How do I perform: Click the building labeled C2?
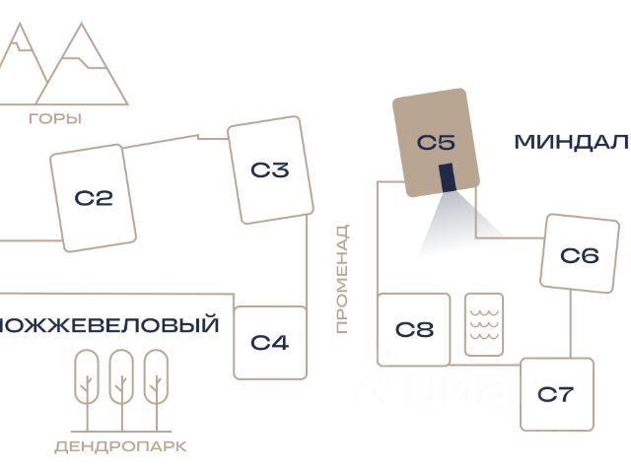coord(94,198)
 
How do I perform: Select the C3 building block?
coord(269,169)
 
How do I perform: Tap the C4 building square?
coord(269,343)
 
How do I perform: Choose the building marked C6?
coord(579,255)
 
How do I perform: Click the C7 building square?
coord(556,394)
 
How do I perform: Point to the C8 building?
coord(414,329)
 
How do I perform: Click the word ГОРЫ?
coord(55,119)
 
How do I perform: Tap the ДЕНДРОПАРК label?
coord(120,446)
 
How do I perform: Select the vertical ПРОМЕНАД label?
coord(342,279)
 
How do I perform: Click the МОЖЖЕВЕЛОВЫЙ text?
coord(109,324)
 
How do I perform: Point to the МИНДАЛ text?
coord(571,142)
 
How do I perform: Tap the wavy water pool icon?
coord(484,324)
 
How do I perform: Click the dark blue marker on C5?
coord(448,177)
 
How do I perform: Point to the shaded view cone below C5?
coord(454,222)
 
